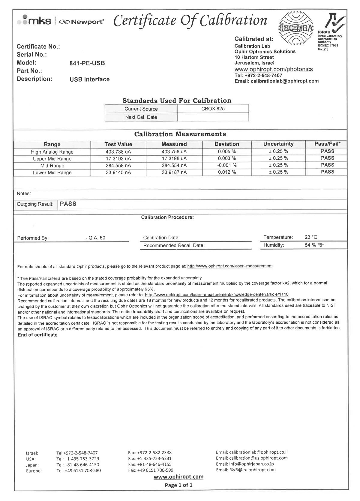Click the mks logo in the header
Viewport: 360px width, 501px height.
point(35,21)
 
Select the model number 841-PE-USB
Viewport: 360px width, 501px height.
point(87,63)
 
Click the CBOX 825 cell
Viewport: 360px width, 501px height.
point(213,109)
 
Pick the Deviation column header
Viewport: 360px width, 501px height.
point(227,144)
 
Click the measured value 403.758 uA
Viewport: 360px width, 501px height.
point(174,151)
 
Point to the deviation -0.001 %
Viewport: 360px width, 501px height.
point(227,165)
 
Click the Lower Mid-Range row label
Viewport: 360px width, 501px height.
point(52,172)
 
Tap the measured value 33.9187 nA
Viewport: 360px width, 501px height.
point(174,172)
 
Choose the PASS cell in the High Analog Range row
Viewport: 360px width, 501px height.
point(327,151)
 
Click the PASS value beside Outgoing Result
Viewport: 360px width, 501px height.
point(68,204)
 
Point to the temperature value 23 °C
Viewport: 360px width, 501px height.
point(311,237)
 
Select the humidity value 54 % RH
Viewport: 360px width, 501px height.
point(314,245)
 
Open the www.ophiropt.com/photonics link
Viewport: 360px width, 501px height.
point(274,69)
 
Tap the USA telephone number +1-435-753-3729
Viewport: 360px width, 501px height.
point(77,459)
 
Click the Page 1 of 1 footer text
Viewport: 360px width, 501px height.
point(178,485)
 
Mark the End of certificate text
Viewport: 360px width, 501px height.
point(37,335)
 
